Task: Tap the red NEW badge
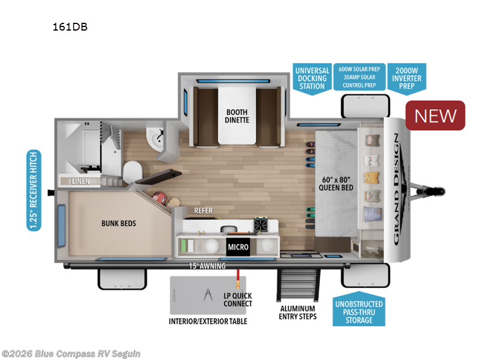[436, 115]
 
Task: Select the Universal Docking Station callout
[311, 78]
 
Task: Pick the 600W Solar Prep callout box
[358, 77]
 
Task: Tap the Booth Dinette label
[237, 115]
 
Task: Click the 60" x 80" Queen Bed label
[335, 182]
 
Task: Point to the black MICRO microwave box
[238, 247]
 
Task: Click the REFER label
[203, 211]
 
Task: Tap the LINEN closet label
[80, 181]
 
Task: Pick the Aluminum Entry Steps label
[298, 312]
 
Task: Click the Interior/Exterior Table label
[208, 321]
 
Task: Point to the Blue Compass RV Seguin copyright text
[71, 353]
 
